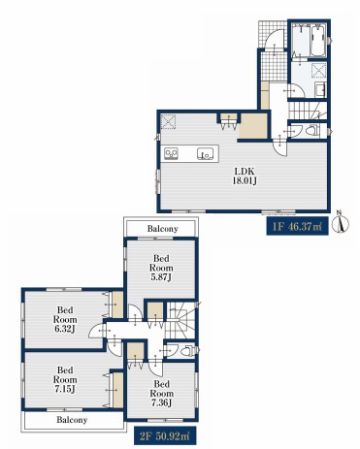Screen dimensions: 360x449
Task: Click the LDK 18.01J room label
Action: [x=245, y=176]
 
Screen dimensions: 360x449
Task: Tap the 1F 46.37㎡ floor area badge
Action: [x=297, y=226]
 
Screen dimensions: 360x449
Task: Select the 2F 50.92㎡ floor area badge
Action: [x=165, y=435]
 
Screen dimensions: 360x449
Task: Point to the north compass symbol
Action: [x=343, y=222]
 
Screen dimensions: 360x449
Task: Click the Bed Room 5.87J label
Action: [x=161, y=268]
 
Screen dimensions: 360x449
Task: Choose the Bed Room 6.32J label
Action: [x=65, y=319]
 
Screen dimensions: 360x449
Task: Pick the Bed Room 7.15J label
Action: [x=65, y=379]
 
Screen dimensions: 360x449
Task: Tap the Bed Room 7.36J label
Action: [x=161, y=394]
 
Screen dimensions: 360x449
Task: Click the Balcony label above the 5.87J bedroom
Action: [x=162, y=229]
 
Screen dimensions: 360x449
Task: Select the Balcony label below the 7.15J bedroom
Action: [x=72, y=420]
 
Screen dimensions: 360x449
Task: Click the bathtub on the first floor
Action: [x=317, y=41]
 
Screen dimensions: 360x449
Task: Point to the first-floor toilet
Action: [x=312, y=131]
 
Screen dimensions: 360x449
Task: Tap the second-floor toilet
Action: [x=188, y=351]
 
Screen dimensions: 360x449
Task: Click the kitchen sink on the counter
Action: [x=205, y=154]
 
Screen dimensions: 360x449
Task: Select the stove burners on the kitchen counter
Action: [x=171, y=153]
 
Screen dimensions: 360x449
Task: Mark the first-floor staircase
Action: [x=308, y=111]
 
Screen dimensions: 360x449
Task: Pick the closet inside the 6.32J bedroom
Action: [x=117, y=305]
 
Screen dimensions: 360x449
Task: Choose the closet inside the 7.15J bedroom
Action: [x=117, y=390]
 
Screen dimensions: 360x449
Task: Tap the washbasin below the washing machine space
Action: [x=320, y=90]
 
